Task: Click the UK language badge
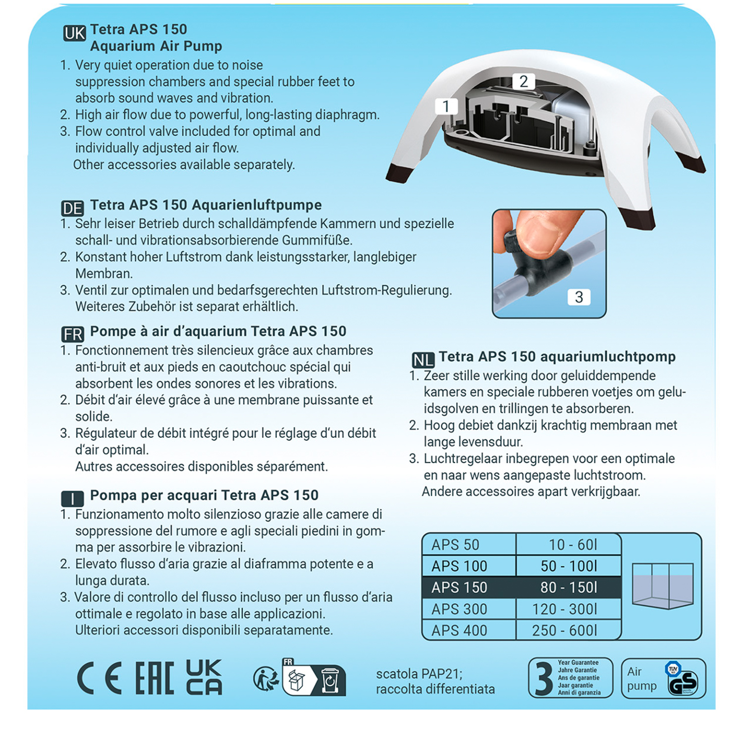74,33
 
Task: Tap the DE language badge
72,208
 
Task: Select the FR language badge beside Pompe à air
73,334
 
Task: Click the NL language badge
423,360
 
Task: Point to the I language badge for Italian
72,498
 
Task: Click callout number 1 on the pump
446,106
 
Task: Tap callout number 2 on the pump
524,81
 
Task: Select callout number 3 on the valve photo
579,297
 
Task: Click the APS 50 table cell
468,544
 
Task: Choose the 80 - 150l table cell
568,587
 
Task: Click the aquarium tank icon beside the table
662,585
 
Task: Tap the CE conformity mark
99,678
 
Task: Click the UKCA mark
204,677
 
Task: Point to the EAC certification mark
155,678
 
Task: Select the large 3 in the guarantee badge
543,679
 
